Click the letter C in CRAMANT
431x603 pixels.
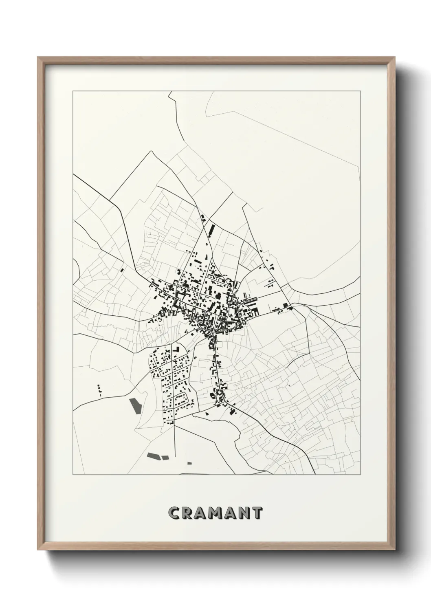coord(175,513)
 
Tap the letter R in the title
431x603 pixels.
coord(188,513)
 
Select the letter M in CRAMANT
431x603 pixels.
coord(215,513)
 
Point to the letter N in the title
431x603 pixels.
coord(244,513)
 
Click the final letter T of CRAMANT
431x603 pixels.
coord(257,513)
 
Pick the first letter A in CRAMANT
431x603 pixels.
coord(201,513)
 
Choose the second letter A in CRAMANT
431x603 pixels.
coord(230,513)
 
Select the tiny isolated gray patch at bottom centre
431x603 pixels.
coord(189,462)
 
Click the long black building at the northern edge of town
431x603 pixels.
coord(211,230)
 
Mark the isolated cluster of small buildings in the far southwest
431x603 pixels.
coord(99,390)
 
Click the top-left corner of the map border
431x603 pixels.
coord(73,91)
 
